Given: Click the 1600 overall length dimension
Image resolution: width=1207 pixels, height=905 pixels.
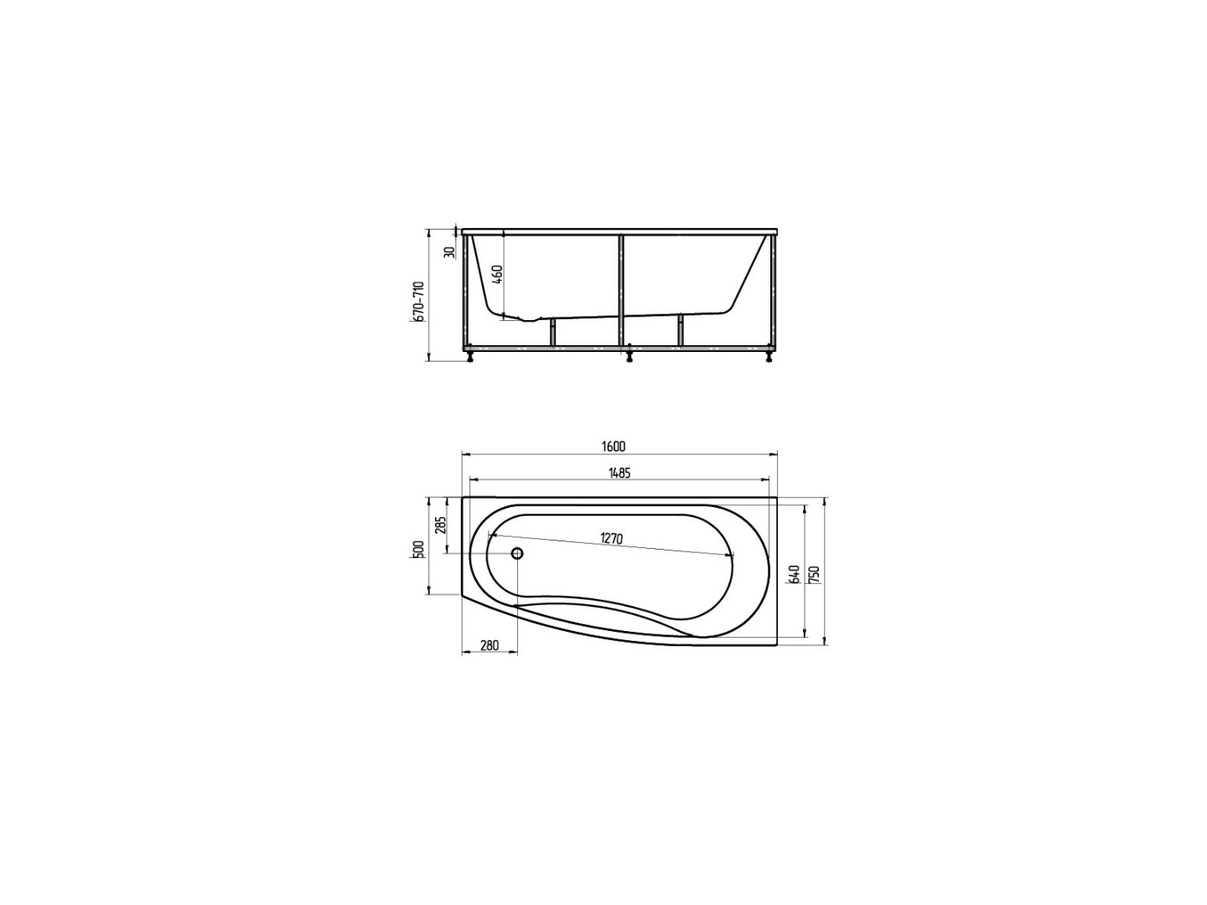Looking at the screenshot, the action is point(613,446).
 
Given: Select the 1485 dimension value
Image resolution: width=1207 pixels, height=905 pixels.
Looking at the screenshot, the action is point(619,473).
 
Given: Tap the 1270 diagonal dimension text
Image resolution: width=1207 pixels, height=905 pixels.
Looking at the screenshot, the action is point(611,539).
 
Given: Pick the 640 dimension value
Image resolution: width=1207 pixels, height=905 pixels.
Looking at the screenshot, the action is point(793,575).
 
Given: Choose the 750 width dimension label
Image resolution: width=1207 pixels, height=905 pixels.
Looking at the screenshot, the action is point(815,575).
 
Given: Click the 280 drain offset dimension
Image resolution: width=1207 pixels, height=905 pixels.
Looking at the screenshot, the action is point(489,645).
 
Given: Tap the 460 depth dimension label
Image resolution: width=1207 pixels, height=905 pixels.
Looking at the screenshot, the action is point(496,274).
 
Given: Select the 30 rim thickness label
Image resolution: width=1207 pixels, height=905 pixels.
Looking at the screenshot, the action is point(450,252).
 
